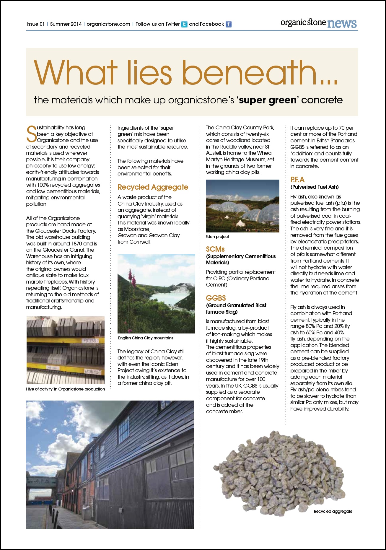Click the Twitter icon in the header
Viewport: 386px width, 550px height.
(x=184, y=24)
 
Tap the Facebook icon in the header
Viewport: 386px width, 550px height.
(x=229, y=24)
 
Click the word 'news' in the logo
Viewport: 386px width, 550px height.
(x=342, y=23)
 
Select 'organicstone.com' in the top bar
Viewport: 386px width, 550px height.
(x=108, y=24)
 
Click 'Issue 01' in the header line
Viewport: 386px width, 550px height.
(x=36, y=24)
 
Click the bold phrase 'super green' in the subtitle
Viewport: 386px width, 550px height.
(x=268, y=100)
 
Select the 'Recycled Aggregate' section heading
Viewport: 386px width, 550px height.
(x=153, y=187)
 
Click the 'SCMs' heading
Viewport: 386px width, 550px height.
(x=215, y=249)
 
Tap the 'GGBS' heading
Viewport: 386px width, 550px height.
(x=216, y=298)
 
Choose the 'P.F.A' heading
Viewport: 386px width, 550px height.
(x=297, y=180)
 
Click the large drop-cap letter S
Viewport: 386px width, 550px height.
(x=31, y=134)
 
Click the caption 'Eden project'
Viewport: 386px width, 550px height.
(x=217, y=237)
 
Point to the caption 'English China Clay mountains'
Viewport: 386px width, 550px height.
(x=146, y=338)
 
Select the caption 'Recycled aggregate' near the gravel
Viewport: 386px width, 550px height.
(x=333, y=511)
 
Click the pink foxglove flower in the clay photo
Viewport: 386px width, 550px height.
(x=131, y=278)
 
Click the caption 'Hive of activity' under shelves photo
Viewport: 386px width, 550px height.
(x=65, y=389)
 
